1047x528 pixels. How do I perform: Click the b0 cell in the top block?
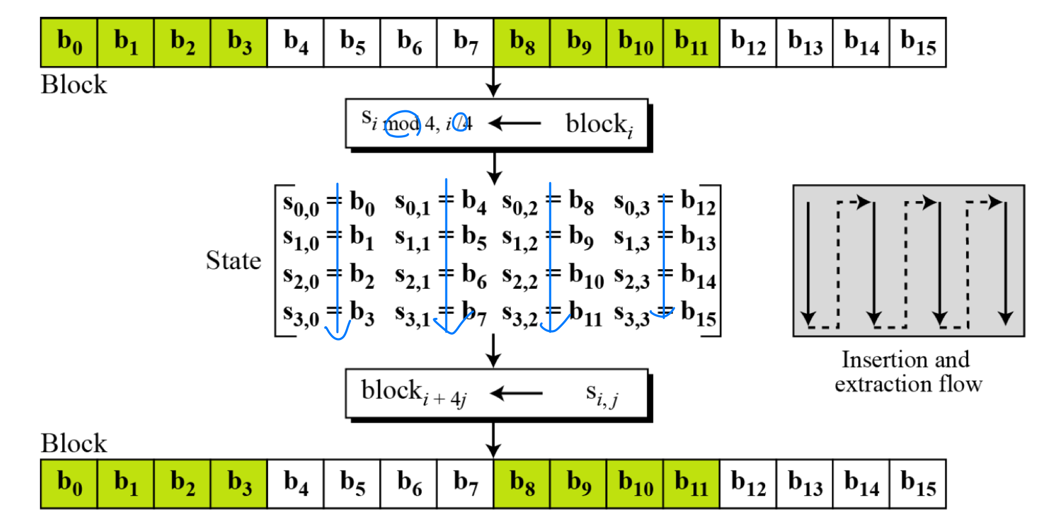(69, 42)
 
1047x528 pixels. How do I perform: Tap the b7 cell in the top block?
(465, 42)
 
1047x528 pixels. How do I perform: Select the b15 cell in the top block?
(918, 42)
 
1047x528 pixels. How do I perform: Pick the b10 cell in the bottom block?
(635, 484)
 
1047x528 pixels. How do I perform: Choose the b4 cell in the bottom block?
(296, 484)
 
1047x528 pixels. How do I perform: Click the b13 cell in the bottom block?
(805, 484)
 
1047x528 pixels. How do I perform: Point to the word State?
(233, 260)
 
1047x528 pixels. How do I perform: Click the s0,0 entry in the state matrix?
(301, 205)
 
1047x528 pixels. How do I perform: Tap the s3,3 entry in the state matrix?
(631, 315)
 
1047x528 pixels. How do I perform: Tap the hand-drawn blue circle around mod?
(402, 124)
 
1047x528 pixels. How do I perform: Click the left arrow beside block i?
(515, 124)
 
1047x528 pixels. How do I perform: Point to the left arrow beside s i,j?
(516, 393)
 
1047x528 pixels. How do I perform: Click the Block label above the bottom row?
(74, 444)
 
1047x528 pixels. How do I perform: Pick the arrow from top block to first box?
(493, 82)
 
